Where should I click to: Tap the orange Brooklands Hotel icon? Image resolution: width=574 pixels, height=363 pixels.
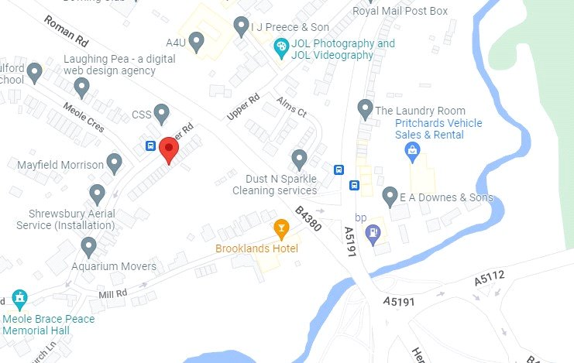[x=282, y=228]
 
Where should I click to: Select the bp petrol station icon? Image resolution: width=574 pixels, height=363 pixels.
[x=373, y=231]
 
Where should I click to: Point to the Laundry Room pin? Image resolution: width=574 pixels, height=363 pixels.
[x=366, y=109]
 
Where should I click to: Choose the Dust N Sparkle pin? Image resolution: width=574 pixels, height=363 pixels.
[x=300, y=159]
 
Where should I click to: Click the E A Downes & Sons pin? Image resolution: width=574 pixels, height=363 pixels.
[x=390, y=196]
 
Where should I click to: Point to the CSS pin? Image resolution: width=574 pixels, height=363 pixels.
[x=161, y=114]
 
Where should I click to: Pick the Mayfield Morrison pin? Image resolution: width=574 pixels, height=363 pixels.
[x=115, y=163]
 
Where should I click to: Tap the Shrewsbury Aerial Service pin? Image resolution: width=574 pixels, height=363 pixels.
[x=97, y=193]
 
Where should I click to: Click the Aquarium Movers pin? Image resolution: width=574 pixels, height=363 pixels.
[x=88, y=247]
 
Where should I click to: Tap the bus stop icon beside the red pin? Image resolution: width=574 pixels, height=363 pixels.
[x=150, y=146]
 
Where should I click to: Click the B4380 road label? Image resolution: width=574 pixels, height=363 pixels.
[x=308, y=217]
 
